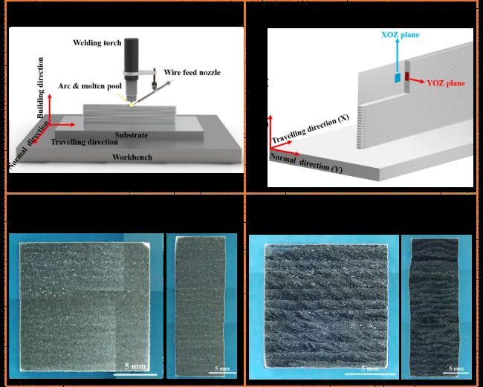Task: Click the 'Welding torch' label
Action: point(97,42)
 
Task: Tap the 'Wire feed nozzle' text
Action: point(192,72)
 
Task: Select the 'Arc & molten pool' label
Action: point(90,86)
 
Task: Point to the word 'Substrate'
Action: point(132,135)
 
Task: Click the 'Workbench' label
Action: point(132,157)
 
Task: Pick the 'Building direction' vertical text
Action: point(40,88)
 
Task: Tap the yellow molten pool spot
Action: point(132,105)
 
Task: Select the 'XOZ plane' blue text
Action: point(400,34)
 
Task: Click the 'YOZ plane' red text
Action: point(446,83)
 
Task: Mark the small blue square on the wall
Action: point(398,77)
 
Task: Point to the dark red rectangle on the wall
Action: point(407,77)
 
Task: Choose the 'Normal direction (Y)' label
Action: point(306,163)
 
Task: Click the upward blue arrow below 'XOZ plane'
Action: point(398,56)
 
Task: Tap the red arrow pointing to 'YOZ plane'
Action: point(416,80)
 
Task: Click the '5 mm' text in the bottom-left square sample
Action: point(135,366)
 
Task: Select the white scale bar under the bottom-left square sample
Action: point(135,374)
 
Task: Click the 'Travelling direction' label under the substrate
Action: point(85,142)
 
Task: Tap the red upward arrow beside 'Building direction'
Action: point(50,109)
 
